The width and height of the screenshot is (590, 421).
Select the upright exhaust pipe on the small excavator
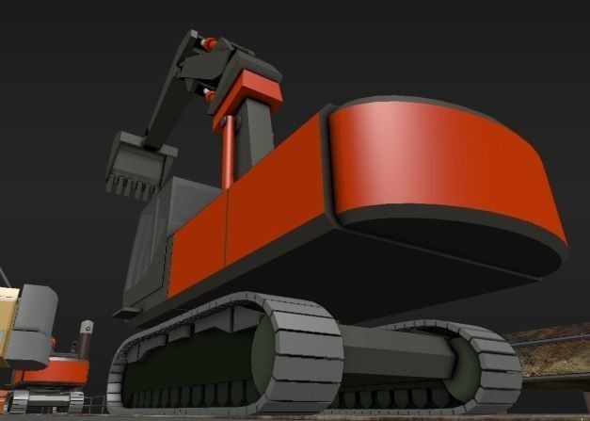(86, 338)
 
